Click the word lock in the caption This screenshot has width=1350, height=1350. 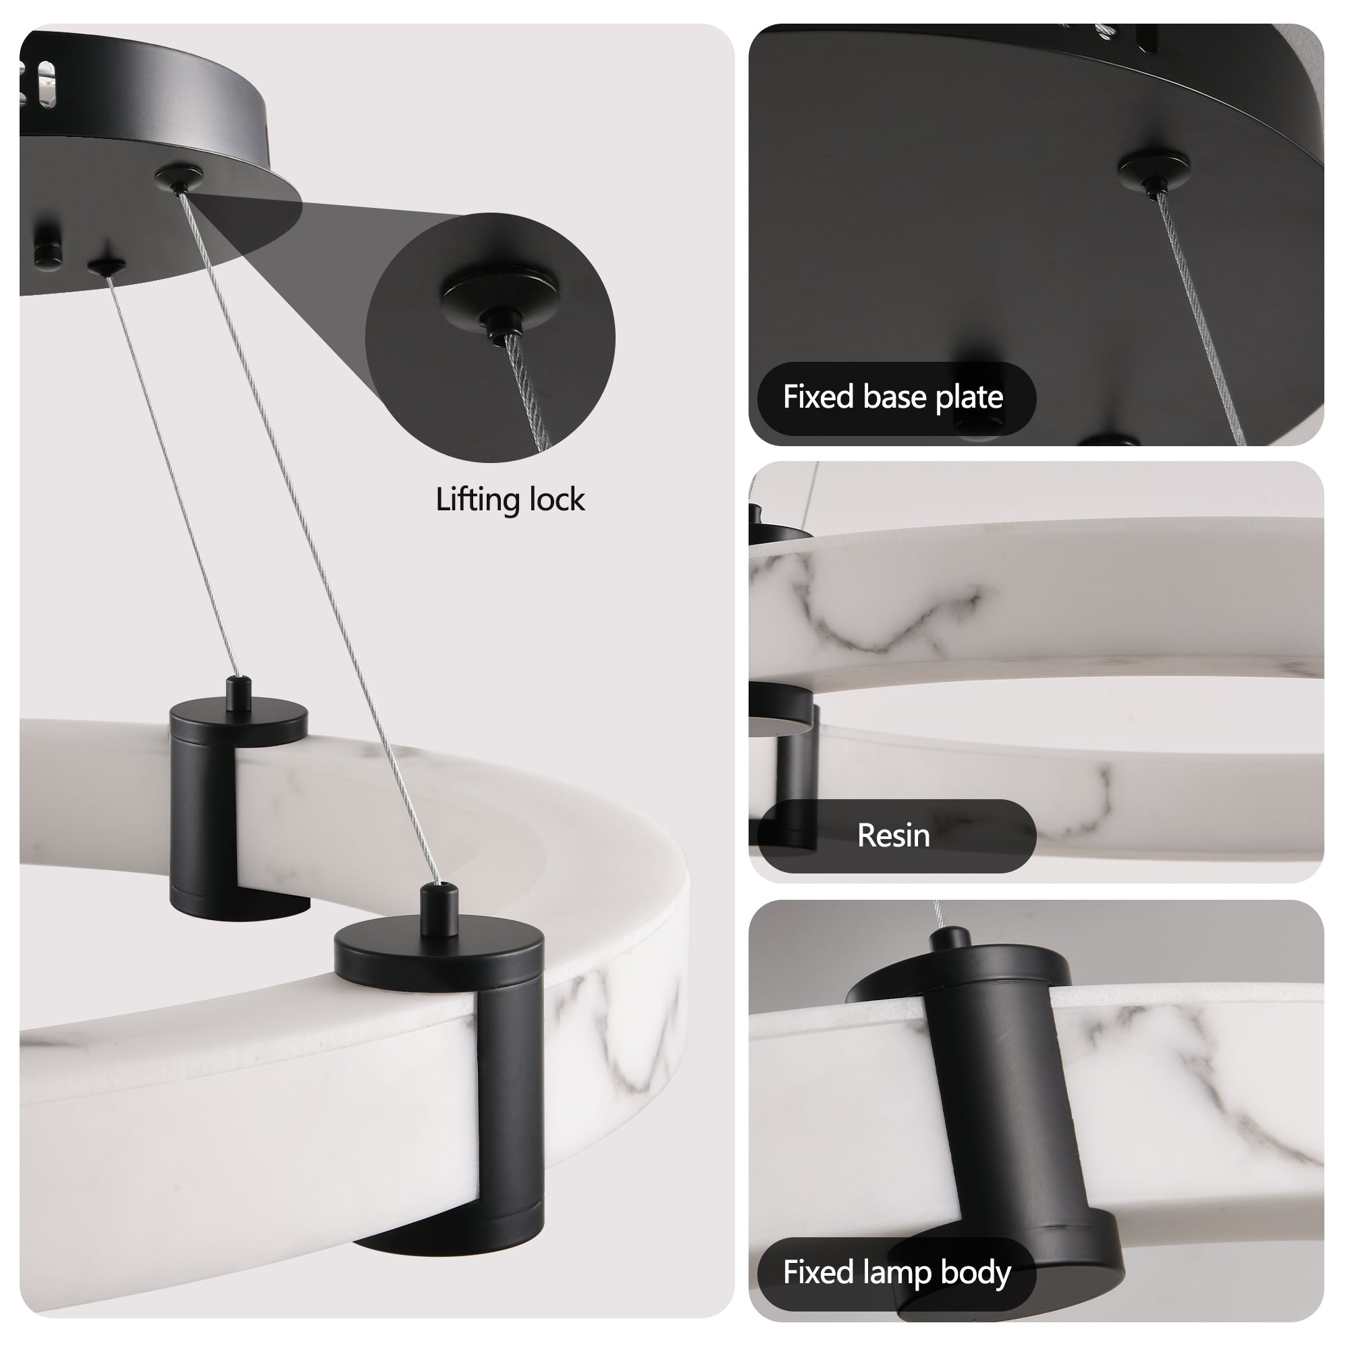tap(557, 500)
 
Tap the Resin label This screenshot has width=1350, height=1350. tap(893, 836)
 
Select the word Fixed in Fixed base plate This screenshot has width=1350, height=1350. tap(818, 397)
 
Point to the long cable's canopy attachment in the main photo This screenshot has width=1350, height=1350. tap(178, 178)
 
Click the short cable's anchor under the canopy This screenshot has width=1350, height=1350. tap(106, 265)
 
